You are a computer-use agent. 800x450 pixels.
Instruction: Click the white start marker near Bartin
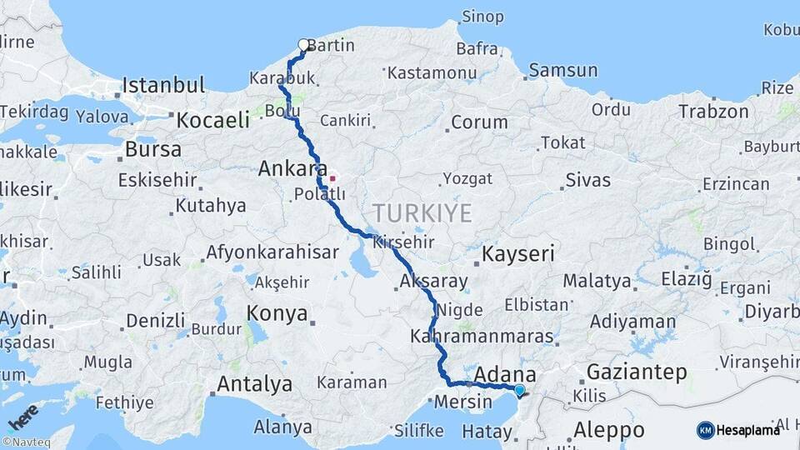[x=303, y=45]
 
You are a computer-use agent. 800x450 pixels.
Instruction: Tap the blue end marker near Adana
[x=520, y=390]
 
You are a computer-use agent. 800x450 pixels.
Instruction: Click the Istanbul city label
[x=163, y=85]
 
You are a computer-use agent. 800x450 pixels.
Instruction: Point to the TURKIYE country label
[x=422, y=212]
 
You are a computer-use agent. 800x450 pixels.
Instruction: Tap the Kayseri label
[x=518, y=253]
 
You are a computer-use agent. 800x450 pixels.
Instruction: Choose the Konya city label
[x=277, y=314]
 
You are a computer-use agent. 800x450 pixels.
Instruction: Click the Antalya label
[x=254, y=384]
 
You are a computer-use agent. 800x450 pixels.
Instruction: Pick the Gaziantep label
[x=637, y=372]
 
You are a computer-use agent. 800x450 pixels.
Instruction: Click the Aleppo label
[x=609, y=430]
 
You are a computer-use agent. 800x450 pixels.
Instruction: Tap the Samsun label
[x=563, y=71]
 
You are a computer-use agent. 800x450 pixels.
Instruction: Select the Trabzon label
[x=713, y=111]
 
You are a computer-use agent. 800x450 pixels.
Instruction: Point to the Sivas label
[x=588, y=179]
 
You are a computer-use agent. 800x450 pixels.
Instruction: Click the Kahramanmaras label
[x=482, y=337]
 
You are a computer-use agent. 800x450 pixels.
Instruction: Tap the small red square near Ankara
[x=332, y=177]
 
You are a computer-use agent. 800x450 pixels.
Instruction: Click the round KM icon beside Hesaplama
[x=705, y=430]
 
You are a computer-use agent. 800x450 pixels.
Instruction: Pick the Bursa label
[x=152, y=150]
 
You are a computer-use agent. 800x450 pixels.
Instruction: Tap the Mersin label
[x=464, y=402]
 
